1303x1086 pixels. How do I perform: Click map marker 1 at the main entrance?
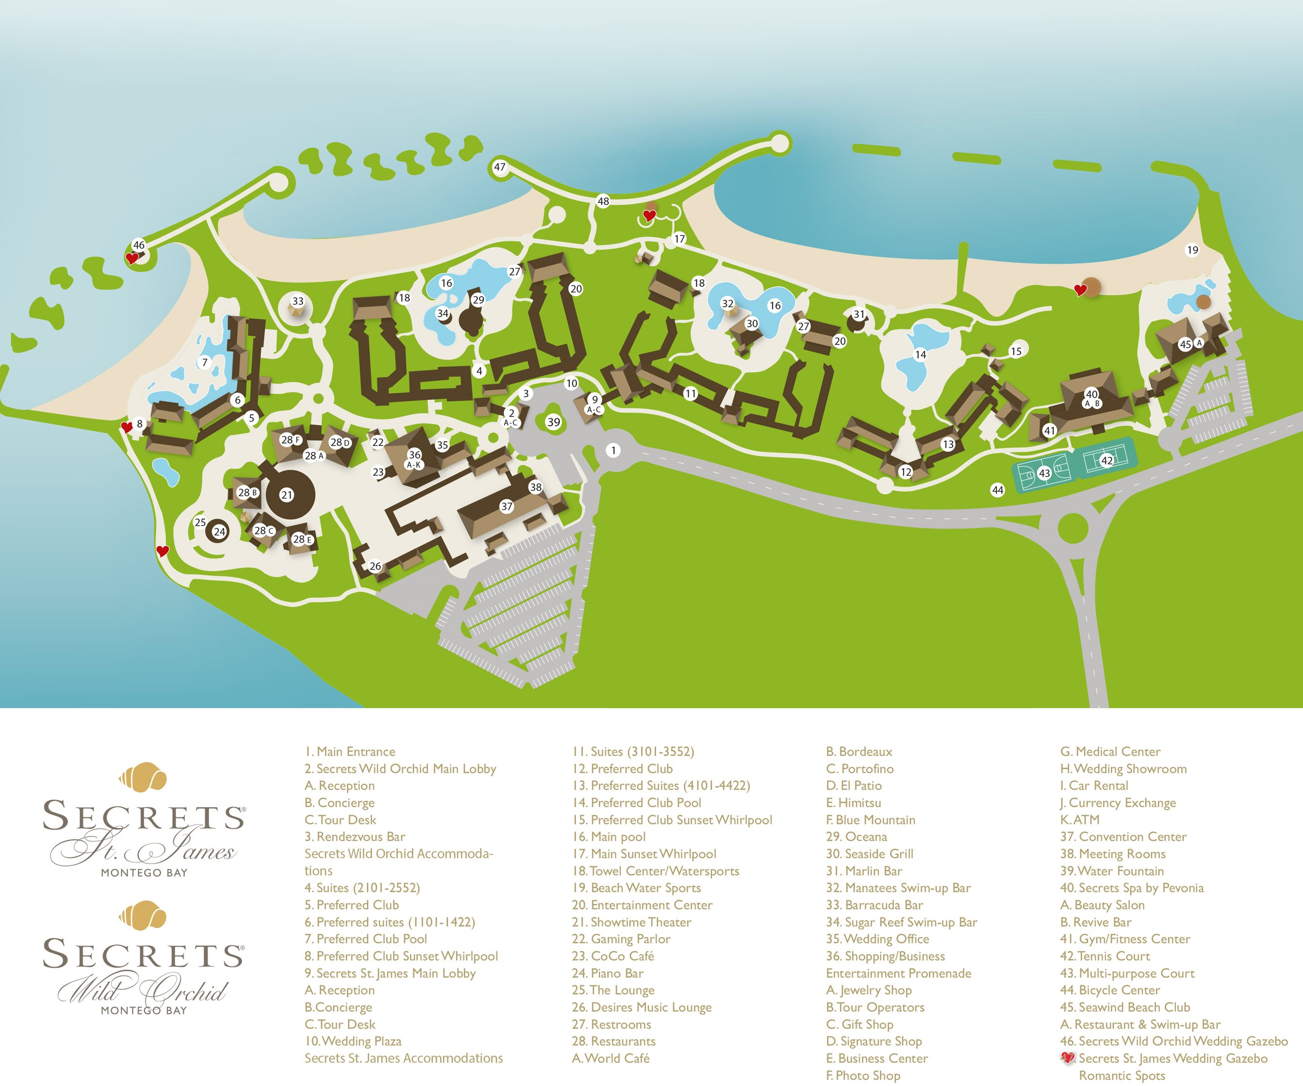[x=613, y=450]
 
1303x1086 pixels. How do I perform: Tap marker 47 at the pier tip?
[x=500, y=167]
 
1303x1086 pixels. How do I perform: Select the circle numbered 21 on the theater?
[x=286, y=495]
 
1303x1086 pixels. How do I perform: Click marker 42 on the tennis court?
[x=1107, y=460]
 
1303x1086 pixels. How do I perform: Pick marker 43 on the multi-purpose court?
[x=1044, y=473]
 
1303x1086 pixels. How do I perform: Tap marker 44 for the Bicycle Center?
[x=997, y=490]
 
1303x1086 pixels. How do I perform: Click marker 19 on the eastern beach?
[x=1192, y=250]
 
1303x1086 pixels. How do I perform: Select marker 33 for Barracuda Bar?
[x=298, y=301]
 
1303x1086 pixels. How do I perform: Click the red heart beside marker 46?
[x=131, y=258]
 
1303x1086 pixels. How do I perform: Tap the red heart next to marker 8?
[x=127, y=427]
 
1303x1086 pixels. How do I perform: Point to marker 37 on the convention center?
[x=506, y=506]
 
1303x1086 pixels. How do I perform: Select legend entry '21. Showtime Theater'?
[x=632, y=922]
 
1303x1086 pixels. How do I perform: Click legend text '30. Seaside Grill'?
[x=869, y=854]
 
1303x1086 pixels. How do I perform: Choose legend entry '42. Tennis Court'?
[x=1105, y=956]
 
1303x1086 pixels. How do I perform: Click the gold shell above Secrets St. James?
[x=143, y=776]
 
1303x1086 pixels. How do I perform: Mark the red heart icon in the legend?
[x=1067, y=1058]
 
